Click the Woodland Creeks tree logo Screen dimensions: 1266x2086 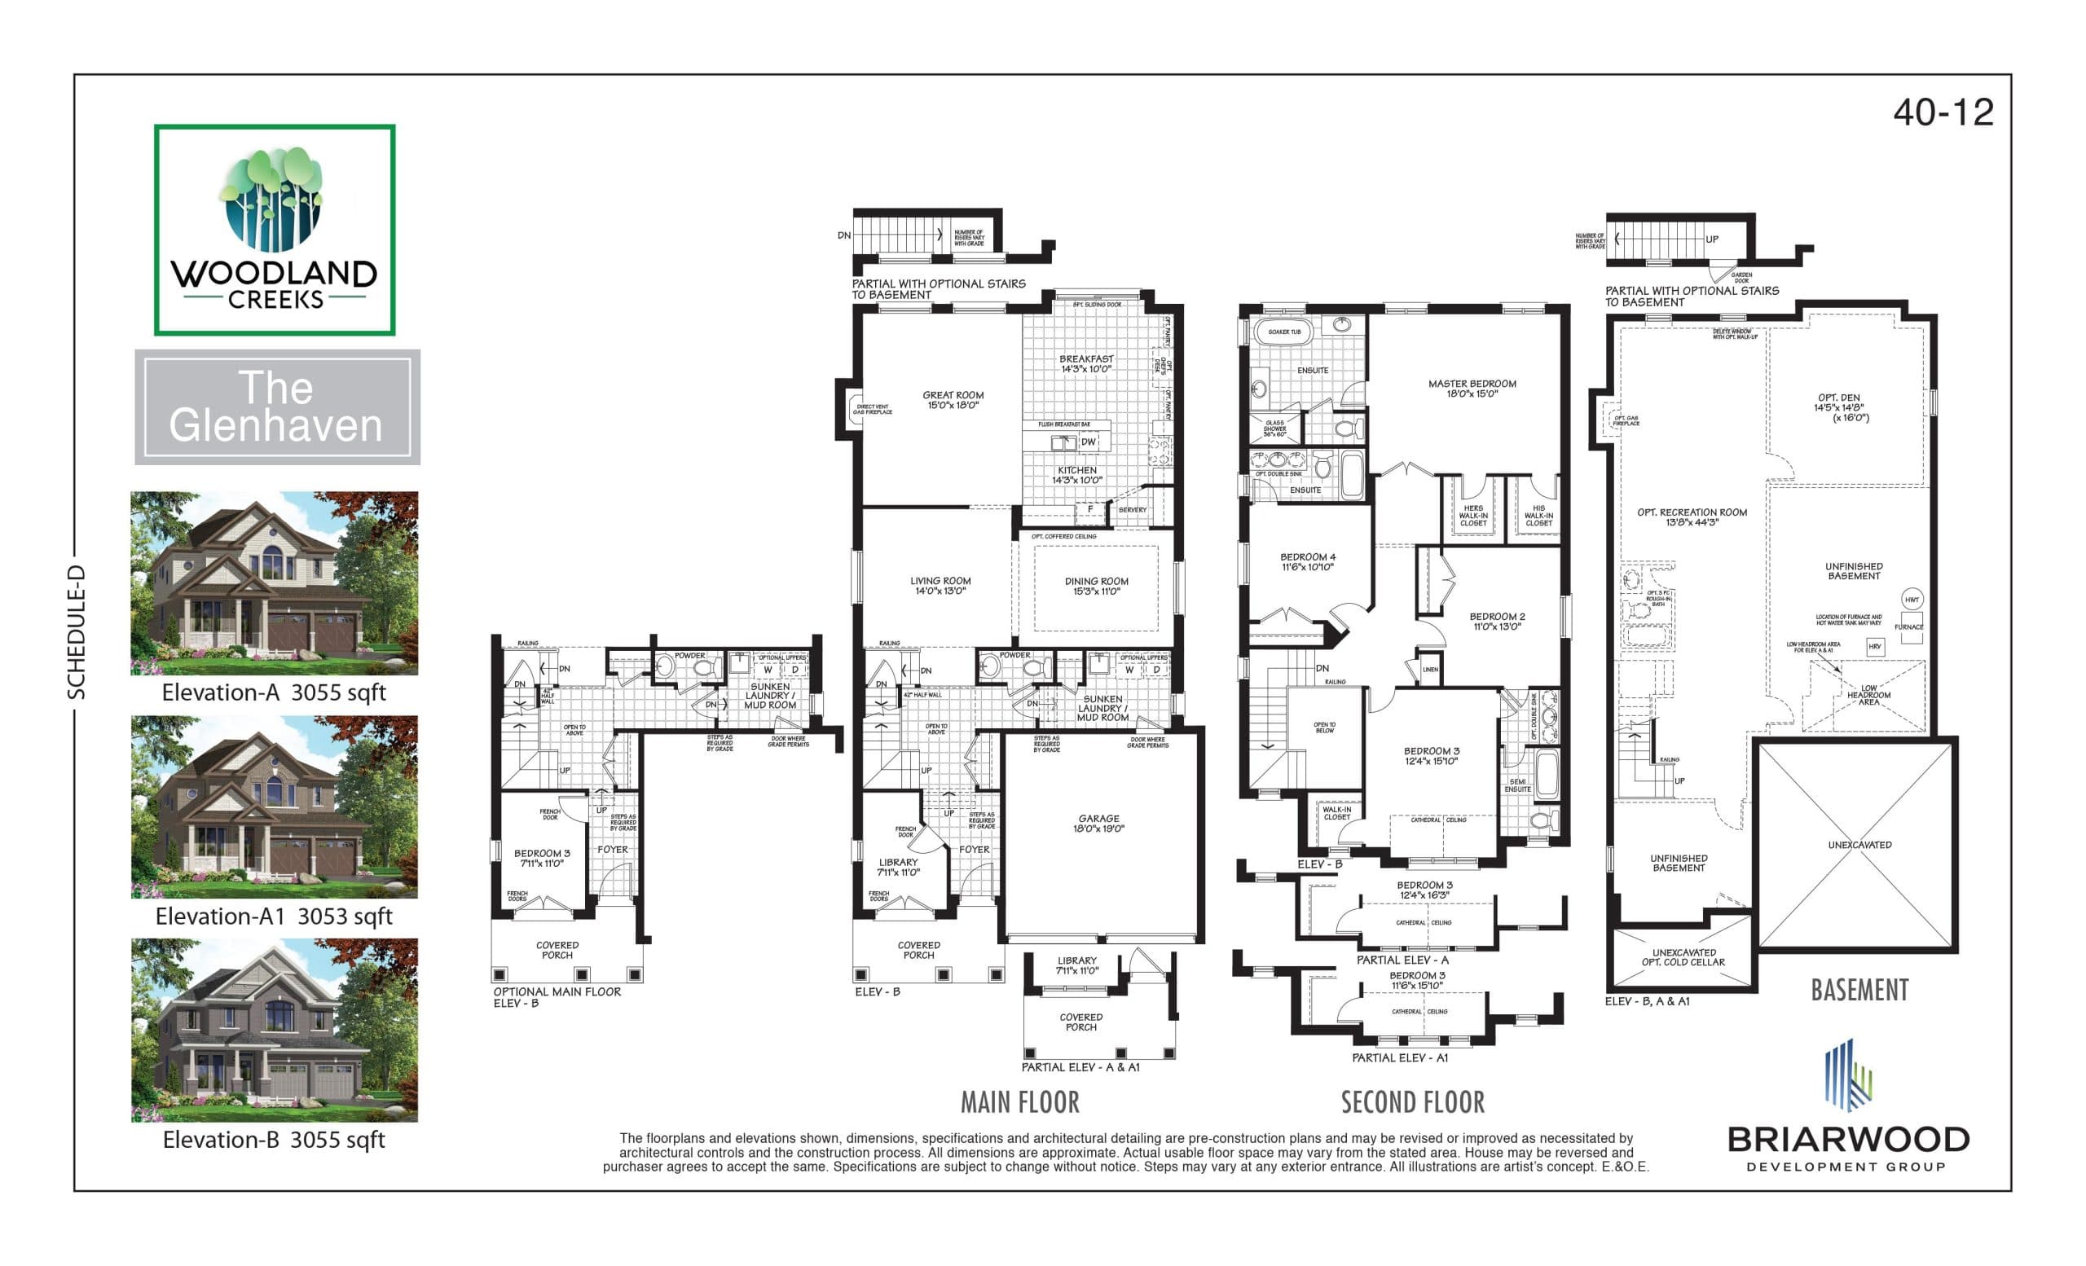274,200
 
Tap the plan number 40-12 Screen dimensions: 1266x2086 1943,112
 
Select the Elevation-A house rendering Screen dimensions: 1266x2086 274,583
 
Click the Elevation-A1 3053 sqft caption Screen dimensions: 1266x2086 274,916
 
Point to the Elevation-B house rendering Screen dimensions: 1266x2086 274,1030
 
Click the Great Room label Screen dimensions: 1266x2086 953,399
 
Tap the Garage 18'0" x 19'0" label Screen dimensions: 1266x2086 1098,824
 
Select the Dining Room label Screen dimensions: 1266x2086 1095,586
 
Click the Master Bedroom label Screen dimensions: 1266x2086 1472,389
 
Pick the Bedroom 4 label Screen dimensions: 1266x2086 1307,562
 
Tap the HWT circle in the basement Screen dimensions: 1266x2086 1912,599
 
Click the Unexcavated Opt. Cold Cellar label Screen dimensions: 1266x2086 1683,956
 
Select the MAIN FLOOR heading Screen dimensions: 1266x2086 1019,1101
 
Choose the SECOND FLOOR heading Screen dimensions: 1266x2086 1412,1101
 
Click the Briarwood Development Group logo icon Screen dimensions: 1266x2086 1847,1075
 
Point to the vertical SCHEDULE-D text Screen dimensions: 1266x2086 77,631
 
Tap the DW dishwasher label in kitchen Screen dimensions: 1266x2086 1088,442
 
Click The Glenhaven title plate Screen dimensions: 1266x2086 277,407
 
